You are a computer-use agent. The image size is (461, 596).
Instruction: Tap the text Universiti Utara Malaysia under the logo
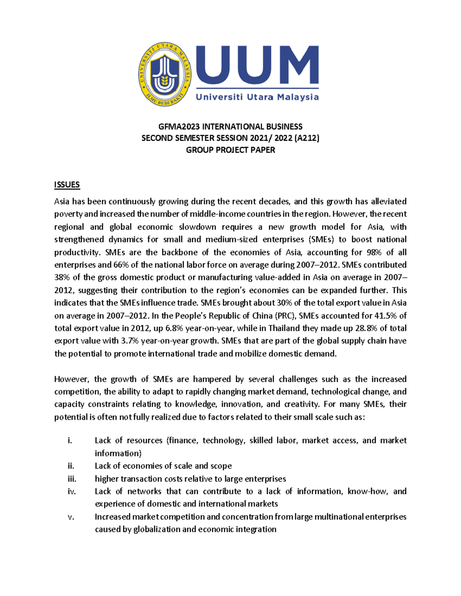pos(257,97)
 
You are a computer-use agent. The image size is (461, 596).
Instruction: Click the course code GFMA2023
pos(179,127)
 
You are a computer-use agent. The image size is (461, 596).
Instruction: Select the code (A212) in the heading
pos(307,138)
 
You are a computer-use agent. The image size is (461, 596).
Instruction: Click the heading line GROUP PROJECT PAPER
pos(230,150)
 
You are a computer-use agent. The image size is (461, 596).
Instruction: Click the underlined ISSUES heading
pos(67,185)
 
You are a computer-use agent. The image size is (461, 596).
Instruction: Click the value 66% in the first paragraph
pos(121,265)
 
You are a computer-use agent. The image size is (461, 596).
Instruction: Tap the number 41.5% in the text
pos(382,315)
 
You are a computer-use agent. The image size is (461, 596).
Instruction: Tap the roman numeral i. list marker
pos(70,441)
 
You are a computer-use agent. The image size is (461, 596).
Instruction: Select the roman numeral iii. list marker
pos(72,479)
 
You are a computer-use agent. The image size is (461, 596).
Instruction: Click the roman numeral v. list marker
pos(71,517)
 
